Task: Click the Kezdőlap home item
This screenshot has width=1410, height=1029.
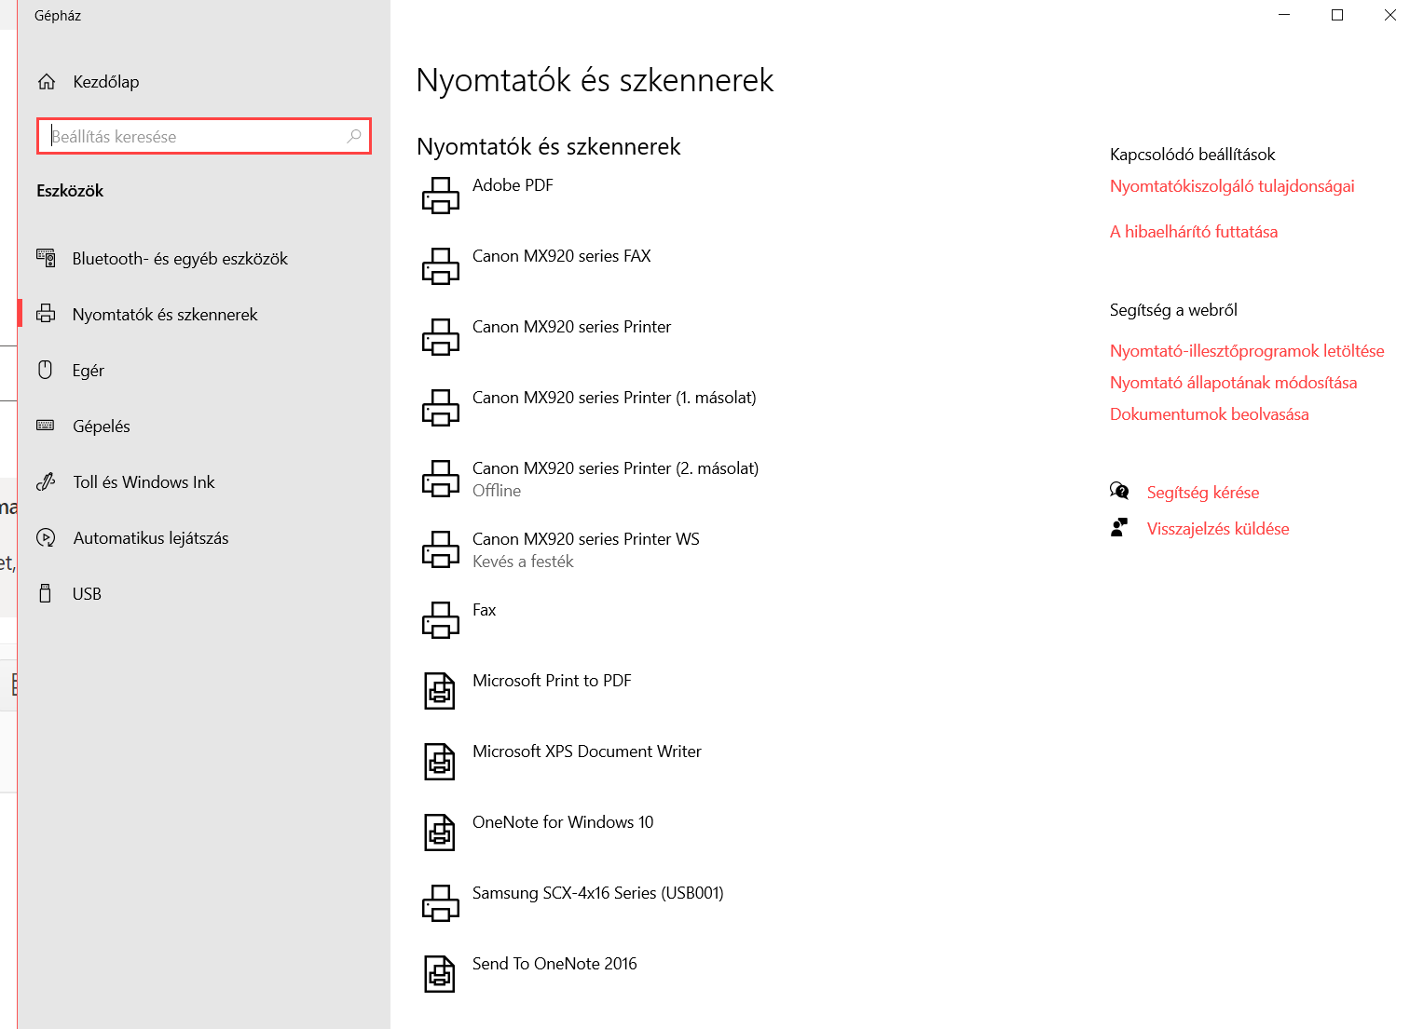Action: [105, 82]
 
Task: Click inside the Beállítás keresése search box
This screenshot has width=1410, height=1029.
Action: [196, 137]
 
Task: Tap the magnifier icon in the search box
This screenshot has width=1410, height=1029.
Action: [354, 136]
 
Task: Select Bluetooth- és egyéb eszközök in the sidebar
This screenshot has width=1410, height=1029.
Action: [180, 259]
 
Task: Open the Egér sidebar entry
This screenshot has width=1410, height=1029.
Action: [88, 371]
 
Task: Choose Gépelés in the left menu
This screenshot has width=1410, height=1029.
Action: [101, 426]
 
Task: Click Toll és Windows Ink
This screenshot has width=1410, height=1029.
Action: [144, 482]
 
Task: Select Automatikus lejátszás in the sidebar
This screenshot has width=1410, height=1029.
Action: [150, 538]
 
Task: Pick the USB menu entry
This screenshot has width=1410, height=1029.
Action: [87, 594]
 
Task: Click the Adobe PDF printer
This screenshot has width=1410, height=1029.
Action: [513, 185]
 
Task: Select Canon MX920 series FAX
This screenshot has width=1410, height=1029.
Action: [561, 256]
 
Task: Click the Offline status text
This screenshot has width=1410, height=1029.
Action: [497, 491]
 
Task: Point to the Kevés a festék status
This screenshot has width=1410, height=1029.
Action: [523, 562]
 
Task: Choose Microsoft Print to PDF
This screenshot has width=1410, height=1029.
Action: [552, 681]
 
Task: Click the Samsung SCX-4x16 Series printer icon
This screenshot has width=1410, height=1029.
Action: [441, 902]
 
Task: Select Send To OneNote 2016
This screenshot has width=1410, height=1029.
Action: [554, 964]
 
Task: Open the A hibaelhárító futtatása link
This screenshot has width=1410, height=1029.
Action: [1193, 232]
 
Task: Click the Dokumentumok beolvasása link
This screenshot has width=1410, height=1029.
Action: [1209, 414]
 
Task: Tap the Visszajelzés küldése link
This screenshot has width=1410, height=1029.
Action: [1217, 529]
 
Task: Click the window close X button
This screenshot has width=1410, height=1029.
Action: [1389, 15]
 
